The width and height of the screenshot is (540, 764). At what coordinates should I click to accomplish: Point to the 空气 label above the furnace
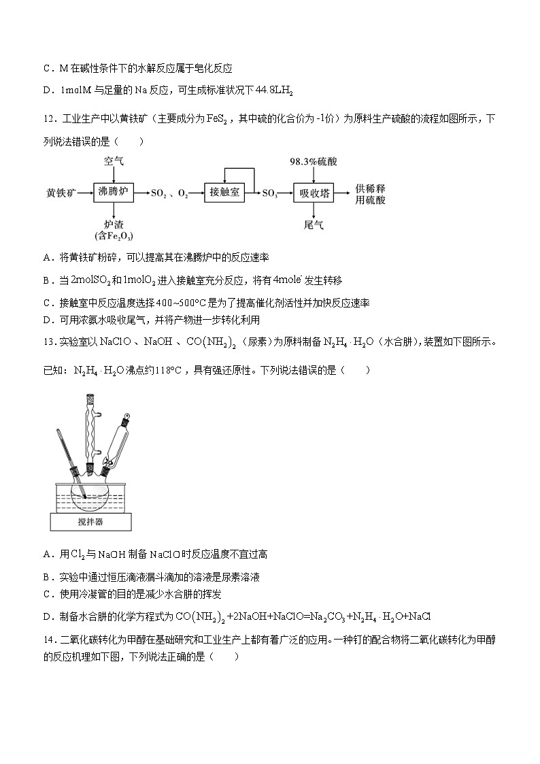[114, 162]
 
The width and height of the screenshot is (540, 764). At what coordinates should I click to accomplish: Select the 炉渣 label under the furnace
[114, 224]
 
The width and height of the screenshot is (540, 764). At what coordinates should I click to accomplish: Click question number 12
[48, 120]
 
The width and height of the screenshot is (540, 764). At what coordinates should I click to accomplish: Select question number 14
[48, 640]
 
